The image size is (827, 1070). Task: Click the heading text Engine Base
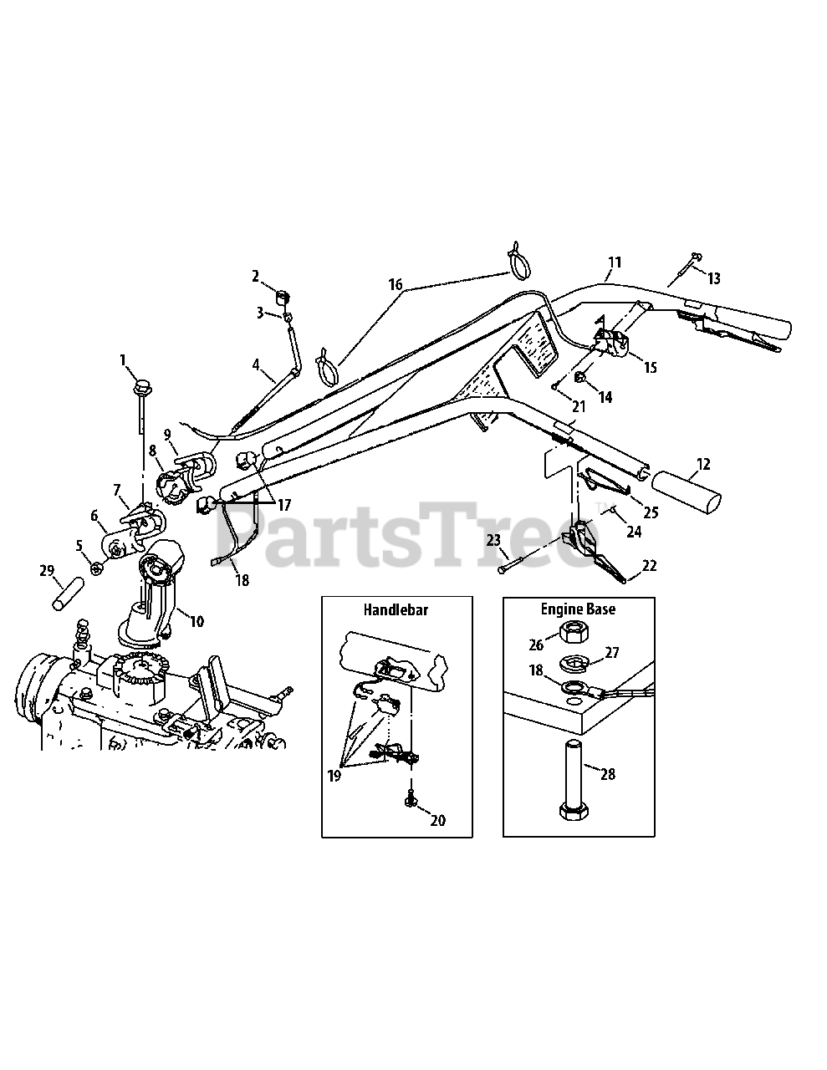point(578,609)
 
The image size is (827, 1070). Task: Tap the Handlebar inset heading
point(395,609)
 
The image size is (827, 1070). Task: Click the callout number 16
point(395,284)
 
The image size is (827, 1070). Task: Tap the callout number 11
point(615,262)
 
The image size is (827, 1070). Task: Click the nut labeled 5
point(96,568)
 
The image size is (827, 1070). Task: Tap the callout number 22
point(650,565)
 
